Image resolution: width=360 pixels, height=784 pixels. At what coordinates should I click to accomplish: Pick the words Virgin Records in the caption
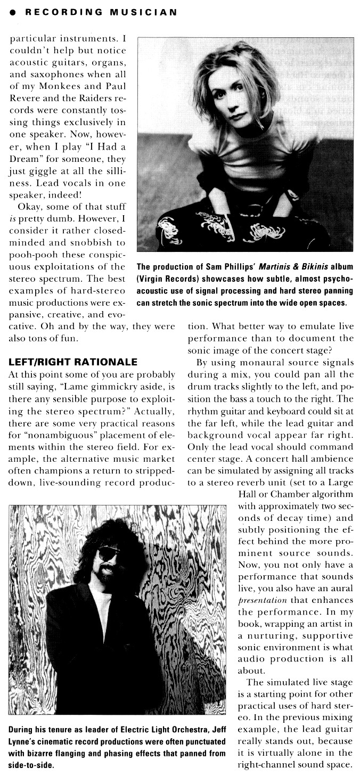165,280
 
